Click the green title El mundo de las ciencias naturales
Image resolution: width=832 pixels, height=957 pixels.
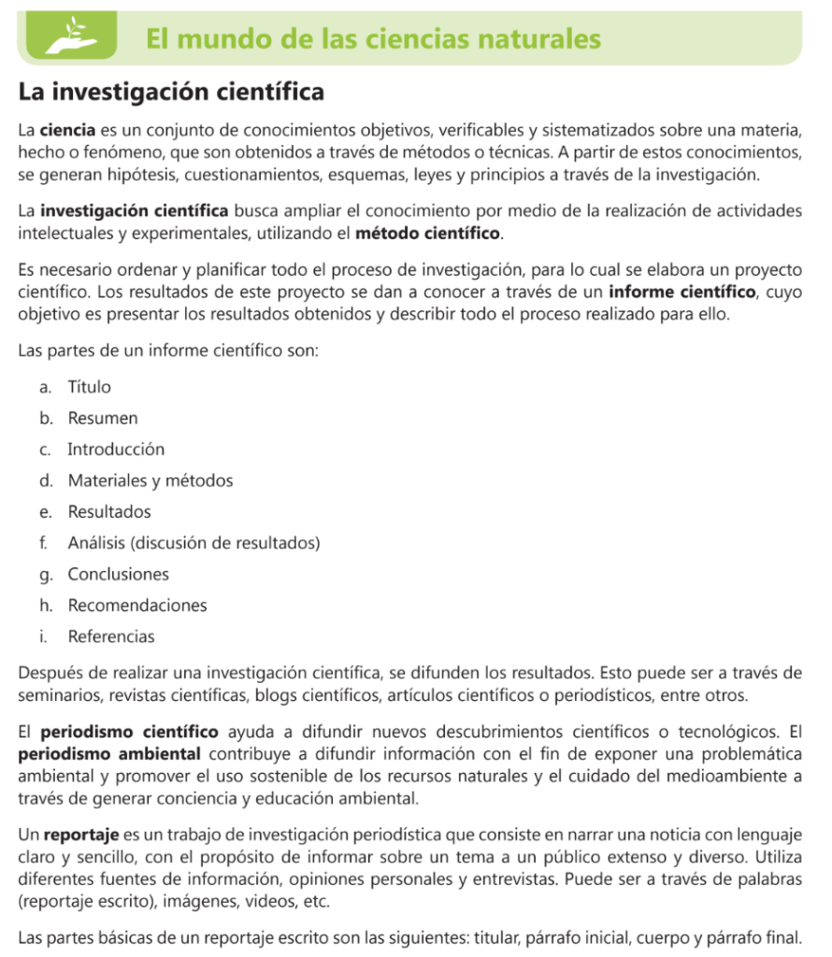tap(373, 38)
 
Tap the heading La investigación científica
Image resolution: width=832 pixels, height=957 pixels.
tap(171, 93)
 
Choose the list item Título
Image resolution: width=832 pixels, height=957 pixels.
tap(89, 387)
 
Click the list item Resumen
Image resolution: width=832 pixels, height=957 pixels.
tap(102, 418)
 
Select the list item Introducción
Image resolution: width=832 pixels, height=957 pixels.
tap(116, 450)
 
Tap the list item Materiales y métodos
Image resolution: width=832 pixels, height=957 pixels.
tap(150, 480)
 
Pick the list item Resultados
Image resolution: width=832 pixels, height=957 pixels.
tap(108, 512)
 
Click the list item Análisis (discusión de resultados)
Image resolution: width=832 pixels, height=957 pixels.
tap(194, 543)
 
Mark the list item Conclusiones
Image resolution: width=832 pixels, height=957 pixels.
tap(118, 575)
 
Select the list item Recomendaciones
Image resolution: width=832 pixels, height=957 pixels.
tap(137, 606)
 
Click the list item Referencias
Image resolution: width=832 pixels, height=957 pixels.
tap(111, 637)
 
